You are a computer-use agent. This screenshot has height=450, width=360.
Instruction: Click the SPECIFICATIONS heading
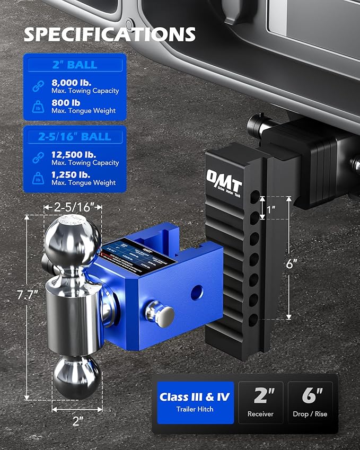[110, 34]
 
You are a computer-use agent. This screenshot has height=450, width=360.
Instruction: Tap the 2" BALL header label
[74, 65]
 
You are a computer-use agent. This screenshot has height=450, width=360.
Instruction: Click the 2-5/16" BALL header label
[74, 137]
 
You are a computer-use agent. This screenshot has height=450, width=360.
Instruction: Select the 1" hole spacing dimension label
[271, 210]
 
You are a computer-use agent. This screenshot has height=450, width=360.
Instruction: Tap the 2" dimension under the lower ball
[77, 421]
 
